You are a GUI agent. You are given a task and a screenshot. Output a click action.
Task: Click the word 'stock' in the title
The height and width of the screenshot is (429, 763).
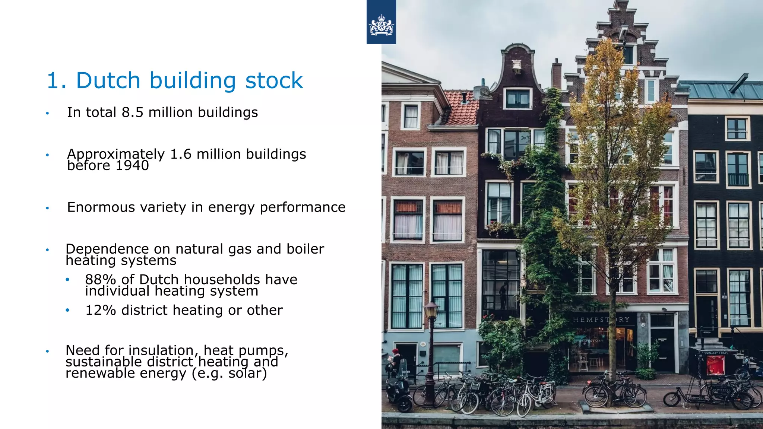click(x=274, y=80)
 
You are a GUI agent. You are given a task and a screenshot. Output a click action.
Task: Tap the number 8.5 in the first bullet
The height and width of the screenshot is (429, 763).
click(x=132, y=112)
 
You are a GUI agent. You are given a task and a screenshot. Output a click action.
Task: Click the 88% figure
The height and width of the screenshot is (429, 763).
click(x=100, y=280)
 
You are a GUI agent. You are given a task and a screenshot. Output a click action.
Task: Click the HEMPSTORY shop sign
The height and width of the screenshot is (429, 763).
click(x=601, y=320)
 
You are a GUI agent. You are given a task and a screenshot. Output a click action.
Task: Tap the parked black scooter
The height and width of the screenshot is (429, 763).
click(x=398, y=391)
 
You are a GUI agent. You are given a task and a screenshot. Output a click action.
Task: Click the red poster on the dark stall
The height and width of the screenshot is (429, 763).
click(x=715, y=365)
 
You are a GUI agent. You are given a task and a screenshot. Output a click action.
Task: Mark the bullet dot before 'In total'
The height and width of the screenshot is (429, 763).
click(x=47, y=113)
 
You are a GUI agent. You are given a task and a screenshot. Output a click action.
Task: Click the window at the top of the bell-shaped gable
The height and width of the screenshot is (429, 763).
click(x=517, y=99)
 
